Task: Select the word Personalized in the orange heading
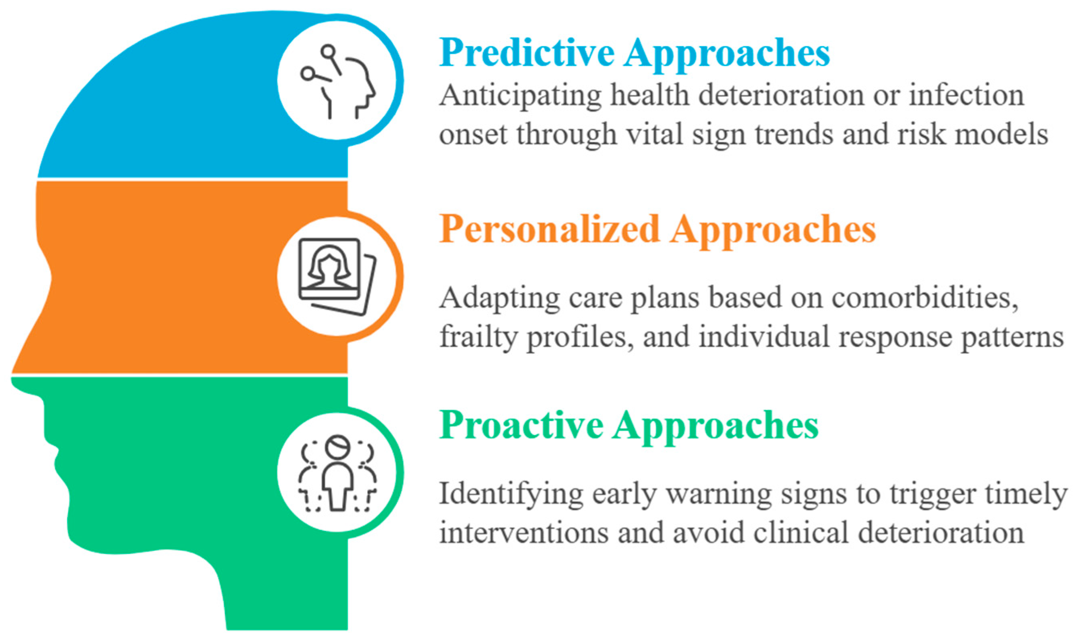click(549, 229)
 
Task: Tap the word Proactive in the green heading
click(521, 426)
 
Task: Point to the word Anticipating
click(521, 96)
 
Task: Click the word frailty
click(479, 338)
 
